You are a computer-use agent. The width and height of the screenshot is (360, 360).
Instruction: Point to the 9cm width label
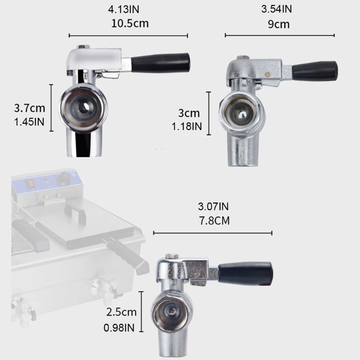click(279, 24)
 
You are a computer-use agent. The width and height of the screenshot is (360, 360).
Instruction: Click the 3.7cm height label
click(29, 108)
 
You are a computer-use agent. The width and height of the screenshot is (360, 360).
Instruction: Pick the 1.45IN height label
click(29, 121)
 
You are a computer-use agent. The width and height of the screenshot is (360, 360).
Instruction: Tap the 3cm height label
click(189, 114)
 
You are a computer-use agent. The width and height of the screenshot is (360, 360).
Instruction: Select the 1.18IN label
click(187, 127)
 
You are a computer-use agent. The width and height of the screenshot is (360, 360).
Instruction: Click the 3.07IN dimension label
click(213, 207)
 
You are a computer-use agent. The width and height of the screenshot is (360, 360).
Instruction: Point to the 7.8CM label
click(213, 220)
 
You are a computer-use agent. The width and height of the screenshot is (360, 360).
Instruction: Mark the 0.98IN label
click(120, 328)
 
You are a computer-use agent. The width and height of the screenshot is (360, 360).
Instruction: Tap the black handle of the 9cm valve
click(315, 71)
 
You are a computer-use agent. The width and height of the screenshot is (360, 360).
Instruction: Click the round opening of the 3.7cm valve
click(84, 107)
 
